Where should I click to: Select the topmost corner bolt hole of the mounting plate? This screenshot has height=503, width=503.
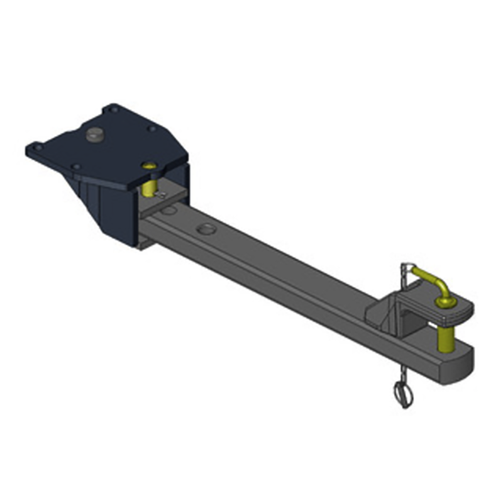coord(112,109)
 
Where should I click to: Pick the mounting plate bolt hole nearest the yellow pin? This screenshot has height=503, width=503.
coord(151,129)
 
